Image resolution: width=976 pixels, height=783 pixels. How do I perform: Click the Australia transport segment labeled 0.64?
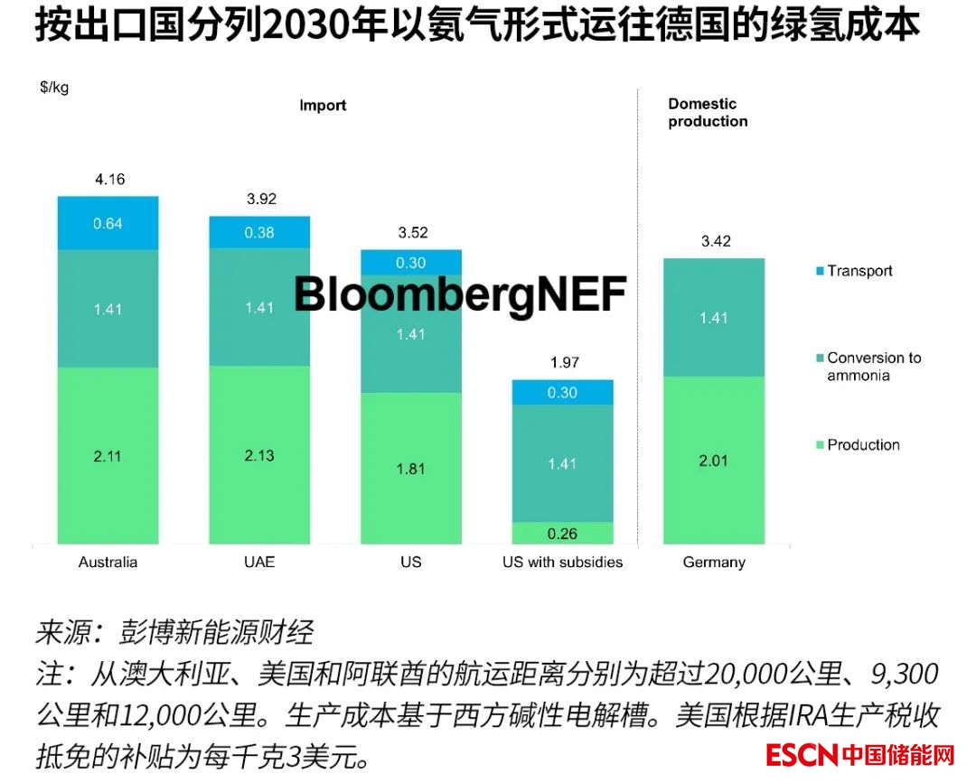pos(108,222)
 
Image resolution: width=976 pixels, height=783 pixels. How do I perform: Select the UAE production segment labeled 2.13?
pos(259,455)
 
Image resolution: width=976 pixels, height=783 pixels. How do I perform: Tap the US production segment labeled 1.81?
pos(411,469)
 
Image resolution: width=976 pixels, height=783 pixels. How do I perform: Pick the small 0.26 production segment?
pos(562,534)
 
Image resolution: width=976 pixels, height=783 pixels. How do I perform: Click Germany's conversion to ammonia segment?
pos(714,317)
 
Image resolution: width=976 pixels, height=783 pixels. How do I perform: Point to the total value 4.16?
pos(109,179)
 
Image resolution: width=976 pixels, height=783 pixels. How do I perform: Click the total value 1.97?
pos(562,363)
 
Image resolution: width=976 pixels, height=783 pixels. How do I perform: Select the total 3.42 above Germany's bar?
pos(715,241)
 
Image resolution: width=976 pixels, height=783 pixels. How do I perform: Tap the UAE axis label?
pos(259,562)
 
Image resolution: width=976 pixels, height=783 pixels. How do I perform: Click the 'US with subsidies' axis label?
pos(562,562)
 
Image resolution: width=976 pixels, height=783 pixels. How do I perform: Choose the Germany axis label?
pos(714,562)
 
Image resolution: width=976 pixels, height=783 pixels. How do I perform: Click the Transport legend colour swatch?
pos(819,271)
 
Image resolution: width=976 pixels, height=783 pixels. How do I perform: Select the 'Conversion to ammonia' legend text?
pos(873,366)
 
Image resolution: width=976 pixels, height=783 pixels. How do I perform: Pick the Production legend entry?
pos(863,444)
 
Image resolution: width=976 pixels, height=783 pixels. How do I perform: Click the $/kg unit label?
pos(54,88)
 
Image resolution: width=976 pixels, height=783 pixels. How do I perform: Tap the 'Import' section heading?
pos(323,106)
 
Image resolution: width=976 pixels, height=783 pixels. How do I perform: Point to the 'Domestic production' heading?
pos(708,113)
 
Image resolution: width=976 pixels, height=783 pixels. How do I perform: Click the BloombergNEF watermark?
pos(460,294)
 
